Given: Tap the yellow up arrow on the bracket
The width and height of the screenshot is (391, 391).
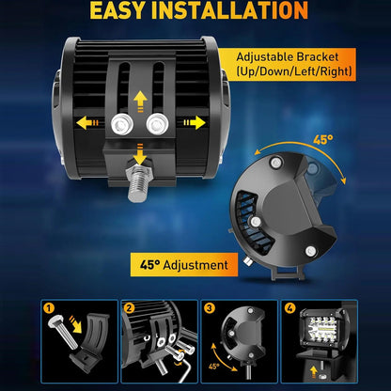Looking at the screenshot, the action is click(140, 101).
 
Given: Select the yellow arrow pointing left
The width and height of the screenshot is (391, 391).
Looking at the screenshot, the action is click(87, 122).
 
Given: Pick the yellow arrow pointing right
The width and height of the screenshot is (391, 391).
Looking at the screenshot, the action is click(195, 122).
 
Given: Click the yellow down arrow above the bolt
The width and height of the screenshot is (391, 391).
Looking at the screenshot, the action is click(140, 153).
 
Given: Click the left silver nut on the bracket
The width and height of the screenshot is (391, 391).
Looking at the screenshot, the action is click(122, 124).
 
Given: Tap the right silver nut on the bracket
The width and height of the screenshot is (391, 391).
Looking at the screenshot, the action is click(157, 123).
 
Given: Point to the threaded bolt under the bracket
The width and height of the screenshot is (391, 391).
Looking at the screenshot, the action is click(138, 182).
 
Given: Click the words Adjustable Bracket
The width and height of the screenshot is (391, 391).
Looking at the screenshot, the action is click(288, 57).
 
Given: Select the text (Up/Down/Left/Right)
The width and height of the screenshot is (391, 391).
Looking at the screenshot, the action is click(293, 71).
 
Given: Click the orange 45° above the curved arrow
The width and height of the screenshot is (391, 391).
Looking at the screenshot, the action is click(323, 140).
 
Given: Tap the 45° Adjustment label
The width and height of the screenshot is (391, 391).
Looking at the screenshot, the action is click(184, 265).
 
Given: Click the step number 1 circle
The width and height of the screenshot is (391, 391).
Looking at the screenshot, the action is click(49, 308).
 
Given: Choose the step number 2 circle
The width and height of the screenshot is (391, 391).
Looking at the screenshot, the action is click(129, 308).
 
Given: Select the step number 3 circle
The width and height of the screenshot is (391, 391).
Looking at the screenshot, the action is click(210, 308).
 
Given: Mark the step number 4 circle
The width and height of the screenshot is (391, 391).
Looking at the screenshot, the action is click(289, 308).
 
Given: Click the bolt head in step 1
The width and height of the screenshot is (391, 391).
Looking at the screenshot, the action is click(56, 322).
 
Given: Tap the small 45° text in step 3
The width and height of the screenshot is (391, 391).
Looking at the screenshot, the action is click(214, 366).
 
